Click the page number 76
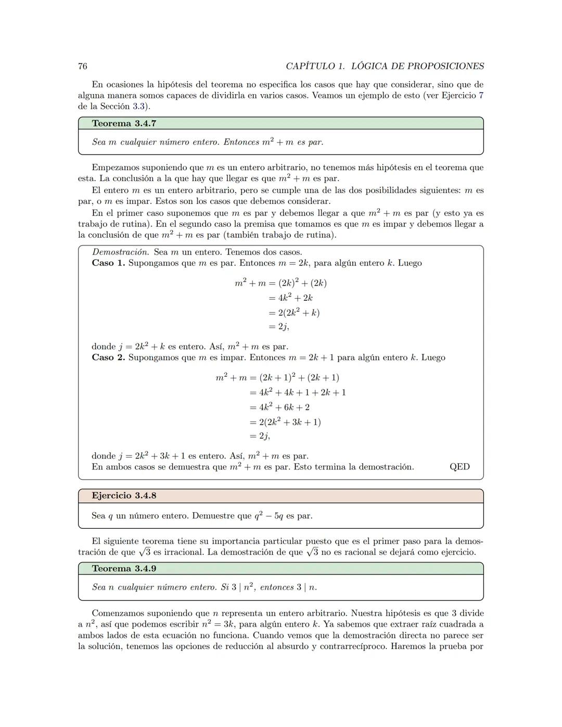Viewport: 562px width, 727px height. pos(82,66)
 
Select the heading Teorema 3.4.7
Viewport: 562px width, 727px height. pos(124,123)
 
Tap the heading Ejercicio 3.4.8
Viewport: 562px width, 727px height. pos(124,495)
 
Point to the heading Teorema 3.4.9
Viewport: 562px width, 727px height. pos(124,568)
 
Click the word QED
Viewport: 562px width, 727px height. pos(459,467)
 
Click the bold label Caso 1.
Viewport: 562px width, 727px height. pos(108,263)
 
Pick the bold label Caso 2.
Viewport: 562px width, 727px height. pos(108,358)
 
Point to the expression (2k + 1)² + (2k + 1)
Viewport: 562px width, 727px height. pos(299,377)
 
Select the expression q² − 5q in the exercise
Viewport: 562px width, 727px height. pos(269,516)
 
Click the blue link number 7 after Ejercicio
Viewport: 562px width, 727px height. pos(481,95)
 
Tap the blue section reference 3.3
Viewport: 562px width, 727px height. pos(138,107)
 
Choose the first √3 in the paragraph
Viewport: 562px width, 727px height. pos(144,552)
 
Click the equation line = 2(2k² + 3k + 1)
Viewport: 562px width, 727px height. pos(285,422)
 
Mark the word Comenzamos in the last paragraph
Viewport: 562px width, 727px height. pos(117,613)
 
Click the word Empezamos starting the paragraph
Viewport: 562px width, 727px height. pos(113,168)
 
